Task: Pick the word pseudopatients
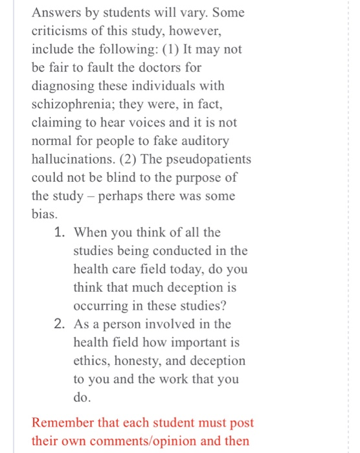coord(210,159)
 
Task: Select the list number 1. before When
coord(62,232)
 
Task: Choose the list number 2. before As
coord(62,324)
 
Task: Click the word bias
coord(45,214)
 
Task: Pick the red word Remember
coord(64,423)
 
